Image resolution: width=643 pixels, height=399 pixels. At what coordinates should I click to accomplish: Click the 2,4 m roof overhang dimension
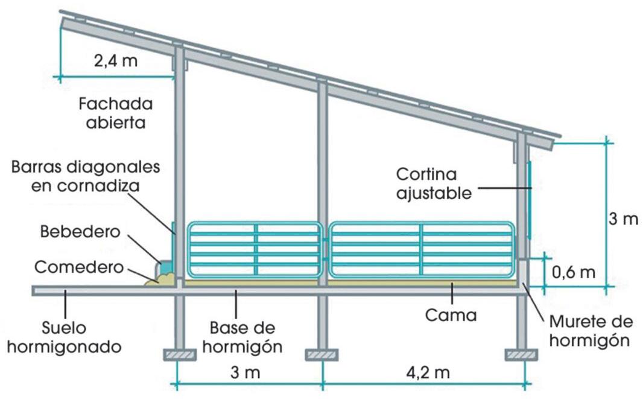click(116, 61)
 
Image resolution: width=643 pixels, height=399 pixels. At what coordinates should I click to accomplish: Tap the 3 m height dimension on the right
click(622, 219)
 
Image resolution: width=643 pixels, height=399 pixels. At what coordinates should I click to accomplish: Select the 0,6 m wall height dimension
click(574, 272)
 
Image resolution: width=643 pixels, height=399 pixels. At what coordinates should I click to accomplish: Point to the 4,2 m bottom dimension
click(428, 372)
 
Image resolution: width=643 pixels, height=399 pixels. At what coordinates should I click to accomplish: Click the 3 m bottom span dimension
click(244, 372)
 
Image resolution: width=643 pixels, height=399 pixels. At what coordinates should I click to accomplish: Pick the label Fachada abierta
click(116, 113)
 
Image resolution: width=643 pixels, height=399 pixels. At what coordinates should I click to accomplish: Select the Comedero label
click(79, 266)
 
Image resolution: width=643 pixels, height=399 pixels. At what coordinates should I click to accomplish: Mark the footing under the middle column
click(321, 354)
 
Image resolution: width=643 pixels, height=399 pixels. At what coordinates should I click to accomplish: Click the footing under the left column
click(180, 354)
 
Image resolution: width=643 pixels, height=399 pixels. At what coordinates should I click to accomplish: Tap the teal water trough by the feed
click(165, 266)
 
